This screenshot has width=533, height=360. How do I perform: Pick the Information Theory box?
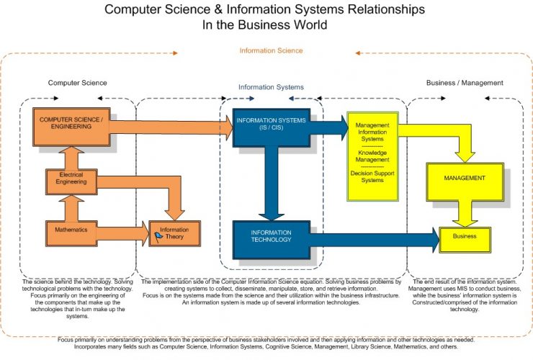click(x=175, y=233)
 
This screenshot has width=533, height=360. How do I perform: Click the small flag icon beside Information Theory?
click(x=157, y=235)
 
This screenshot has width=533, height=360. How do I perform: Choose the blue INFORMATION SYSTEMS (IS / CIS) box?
click(x=269, y=128)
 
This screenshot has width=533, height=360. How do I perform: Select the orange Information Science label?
click(x=271, y=50)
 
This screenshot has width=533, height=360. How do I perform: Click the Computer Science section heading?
click(x=77, y=83)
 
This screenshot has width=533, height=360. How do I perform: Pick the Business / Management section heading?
click(x=465, y=83)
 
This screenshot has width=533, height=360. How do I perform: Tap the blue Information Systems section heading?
click(x=271, y=87)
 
